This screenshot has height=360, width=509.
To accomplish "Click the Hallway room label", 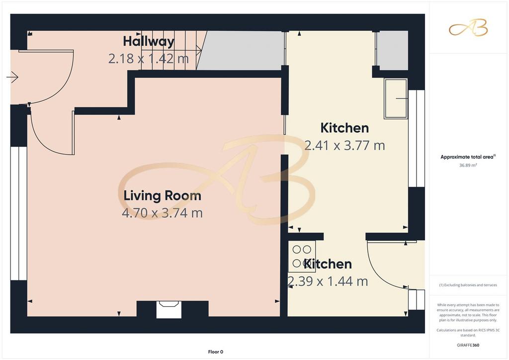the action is [x=149, y=41].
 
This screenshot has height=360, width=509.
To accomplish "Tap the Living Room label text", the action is [x=163, y=196].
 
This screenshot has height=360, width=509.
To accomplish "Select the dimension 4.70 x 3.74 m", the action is [x=163, y=213].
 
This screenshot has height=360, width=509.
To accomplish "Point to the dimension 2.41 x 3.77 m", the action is [x=345, y=145].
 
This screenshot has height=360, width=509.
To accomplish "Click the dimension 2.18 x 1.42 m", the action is [x=148, y=59].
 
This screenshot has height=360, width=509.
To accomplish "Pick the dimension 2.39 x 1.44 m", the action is [x=328, y=281].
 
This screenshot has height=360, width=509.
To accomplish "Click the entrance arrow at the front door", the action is [x=12, y=77].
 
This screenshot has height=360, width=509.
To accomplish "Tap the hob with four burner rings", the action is [x=302, y=256].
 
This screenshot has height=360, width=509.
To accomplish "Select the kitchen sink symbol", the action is [x=396, y=98].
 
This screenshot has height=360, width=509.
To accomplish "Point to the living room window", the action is [x=19, y=214].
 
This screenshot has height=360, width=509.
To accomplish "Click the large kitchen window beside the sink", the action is [x=417, y=138].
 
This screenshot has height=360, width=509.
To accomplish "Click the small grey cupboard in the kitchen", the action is [x=392, y=50].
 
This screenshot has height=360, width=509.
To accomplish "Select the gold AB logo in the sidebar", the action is [x=468, y=27].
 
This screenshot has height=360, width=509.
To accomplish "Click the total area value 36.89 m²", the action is [x=468, y=165].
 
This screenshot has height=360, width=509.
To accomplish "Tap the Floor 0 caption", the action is [x=216, y=352].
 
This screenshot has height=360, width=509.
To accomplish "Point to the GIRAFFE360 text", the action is [x=468, y=345].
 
